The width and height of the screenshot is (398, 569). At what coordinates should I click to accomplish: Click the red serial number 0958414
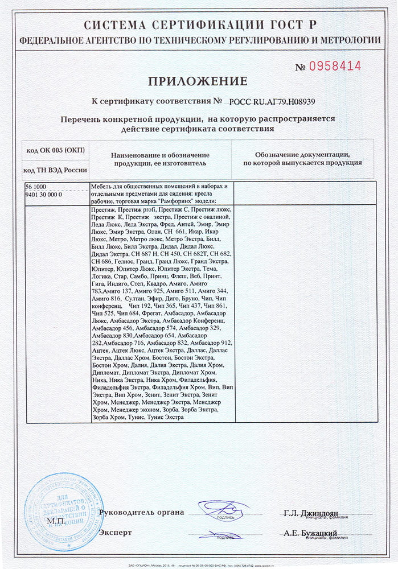point(335,67)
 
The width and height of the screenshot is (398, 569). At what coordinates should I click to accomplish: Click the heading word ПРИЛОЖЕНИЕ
point(199,81)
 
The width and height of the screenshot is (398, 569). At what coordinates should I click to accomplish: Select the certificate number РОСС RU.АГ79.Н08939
point(272,102)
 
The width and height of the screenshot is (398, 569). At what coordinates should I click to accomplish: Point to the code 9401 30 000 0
point(44,194)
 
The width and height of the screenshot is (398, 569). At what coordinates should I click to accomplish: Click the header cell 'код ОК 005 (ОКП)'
point(55,150)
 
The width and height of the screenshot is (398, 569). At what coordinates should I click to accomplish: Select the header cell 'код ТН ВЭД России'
point(55,170)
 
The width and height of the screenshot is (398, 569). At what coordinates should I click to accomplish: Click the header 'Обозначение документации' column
point(302,159)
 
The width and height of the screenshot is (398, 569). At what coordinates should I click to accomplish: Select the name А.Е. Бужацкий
point(310,533)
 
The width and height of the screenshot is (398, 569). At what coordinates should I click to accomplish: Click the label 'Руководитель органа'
point(141,512)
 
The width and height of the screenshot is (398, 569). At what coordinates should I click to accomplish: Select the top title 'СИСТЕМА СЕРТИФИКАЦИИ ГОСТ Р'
point(199,25)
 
